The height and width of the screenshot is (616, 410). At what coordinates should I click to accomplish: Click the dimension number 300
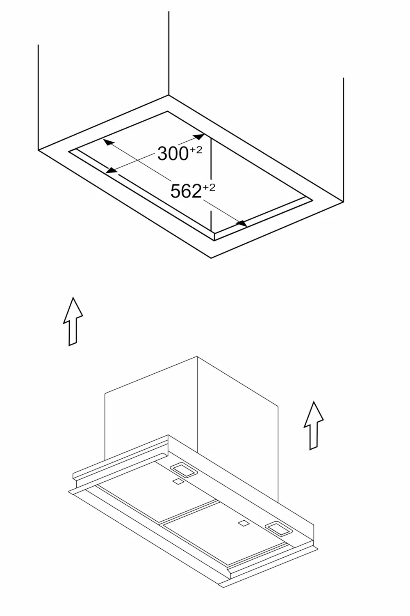(173, 154)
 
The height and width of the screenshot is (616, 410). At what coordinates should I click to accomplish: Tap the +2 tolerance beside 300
(196, 150)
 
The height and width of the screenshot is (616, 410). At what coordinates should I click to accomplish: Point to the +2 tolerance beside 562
(209, 188)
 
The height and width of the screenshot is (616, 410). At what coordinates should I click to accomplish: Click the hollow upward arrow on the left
(73, 321)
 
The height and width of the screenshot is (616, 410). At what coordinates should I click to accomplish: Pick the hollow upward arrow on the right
(314, 425)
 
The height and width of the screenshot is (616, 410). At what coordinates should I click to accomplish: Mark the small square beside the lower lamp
(243, 524)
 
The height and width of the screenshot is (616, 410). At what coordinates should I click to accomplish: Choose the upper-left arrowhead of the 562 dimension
(108, 142)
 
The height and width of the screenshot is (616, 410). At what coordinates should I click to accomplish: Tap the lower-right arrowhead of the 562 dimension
(242, 223)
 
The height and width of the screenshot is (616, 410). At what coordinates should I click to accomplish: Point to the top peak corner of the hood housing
(197, 357)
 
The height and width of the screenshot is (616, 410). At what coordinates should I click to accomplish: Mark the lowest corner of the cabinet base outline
(211, 258)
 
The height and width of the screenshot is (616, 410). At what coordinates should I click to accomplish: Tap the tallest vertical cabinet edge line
(169, 53)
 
